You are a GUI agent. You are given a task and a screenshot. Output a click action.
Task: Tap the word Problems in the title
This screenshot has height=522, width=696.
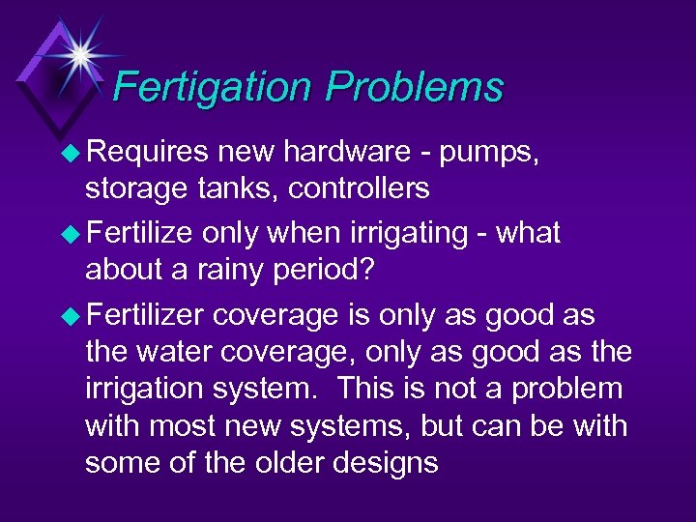coord(415,87)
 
